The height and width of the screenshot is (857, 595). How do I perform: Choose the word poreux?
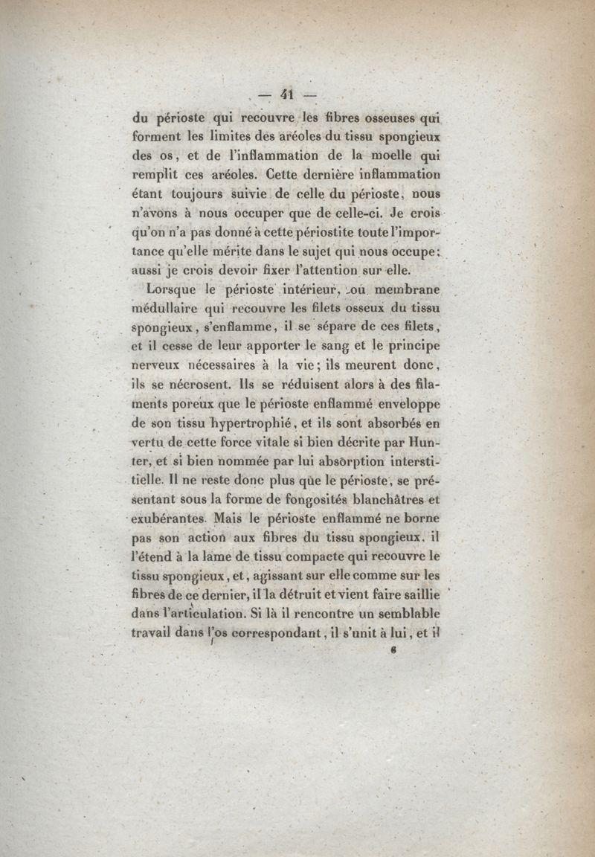point(196,404)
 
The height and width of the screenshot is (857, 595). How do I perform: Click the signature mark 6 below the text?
point(391,650)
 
